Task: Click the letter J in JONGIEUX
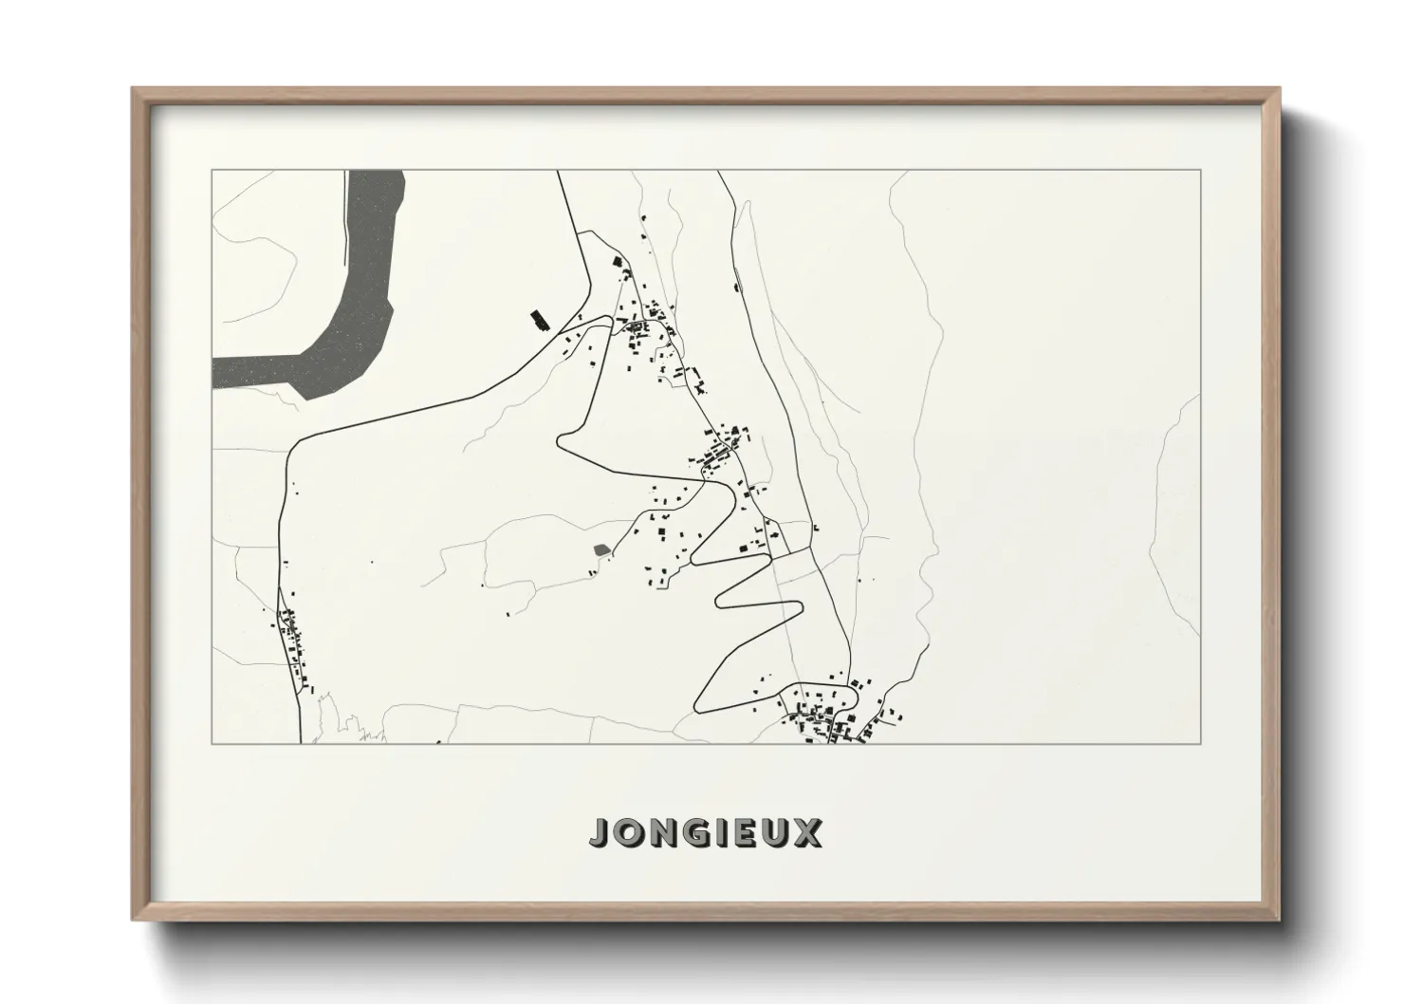(x=601, y=833)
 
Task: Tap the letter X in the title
(x=809, y=833)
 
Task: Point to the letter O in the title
(x=630, y=833)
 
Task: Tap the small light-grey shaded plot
(x=600, y=549)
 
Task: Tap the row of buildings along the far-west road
(x=293, y=645)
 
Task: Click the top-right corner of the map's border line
(x=1201, y=171)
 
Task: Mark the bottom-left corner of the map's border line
(x=212, y=743)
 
